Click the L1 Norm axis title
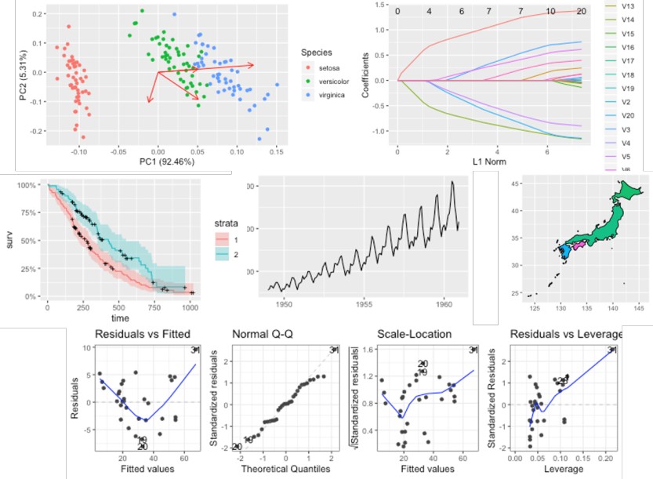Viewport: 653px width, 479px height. tap(492, 161)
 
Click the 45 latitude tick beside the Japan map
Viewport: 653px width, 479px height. tap(514, 183)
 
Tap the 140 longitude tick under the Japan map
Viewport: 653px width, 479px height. tap(611, 309)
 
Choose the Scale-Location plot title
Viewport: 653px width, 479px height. tap(413, 335)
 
